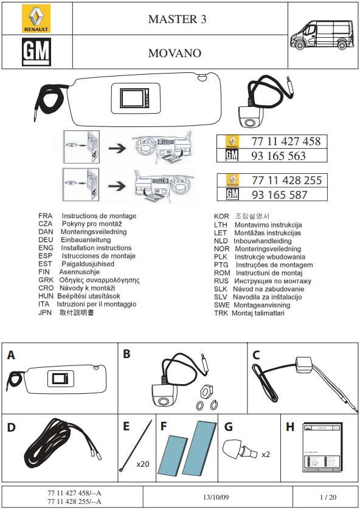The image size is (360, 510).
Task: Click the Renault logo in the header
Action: (36, 18)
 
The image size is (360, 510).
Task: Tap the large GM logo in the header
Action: (36, 52)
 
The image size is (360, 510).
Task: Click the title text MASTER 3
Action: (178, 19)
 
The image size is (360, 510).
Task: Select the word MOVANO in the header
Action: (175, 53)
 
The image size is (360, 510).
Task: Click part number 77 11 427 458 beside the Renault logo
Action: (286, 142)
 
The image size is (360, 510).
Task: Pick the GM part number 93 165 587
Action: (279, 195)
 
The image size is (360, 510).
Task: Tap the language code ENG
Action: (46, 248)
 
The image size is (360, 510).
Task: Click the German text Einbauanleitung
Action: (86, 239)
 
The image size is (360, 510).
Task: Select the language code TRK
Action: (221, 313)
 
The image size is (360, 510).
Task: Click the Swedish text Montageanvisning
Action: (262, 305)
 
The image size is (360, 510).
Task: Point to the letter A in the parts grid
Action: (11, 355)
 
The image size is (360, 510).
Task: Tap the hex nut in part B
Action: (206, 391)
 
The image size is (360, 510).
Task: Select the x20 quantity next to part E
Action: (142, 464)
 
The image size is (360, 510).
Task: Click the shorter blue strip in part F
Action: (172, 455)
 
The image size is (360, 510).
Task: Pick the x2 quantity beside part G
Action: (266, 455)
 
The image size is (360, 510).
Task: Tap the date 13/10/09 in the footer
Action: (216, 497)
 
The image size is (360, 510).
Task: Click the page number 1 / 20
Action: (328, 497)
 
